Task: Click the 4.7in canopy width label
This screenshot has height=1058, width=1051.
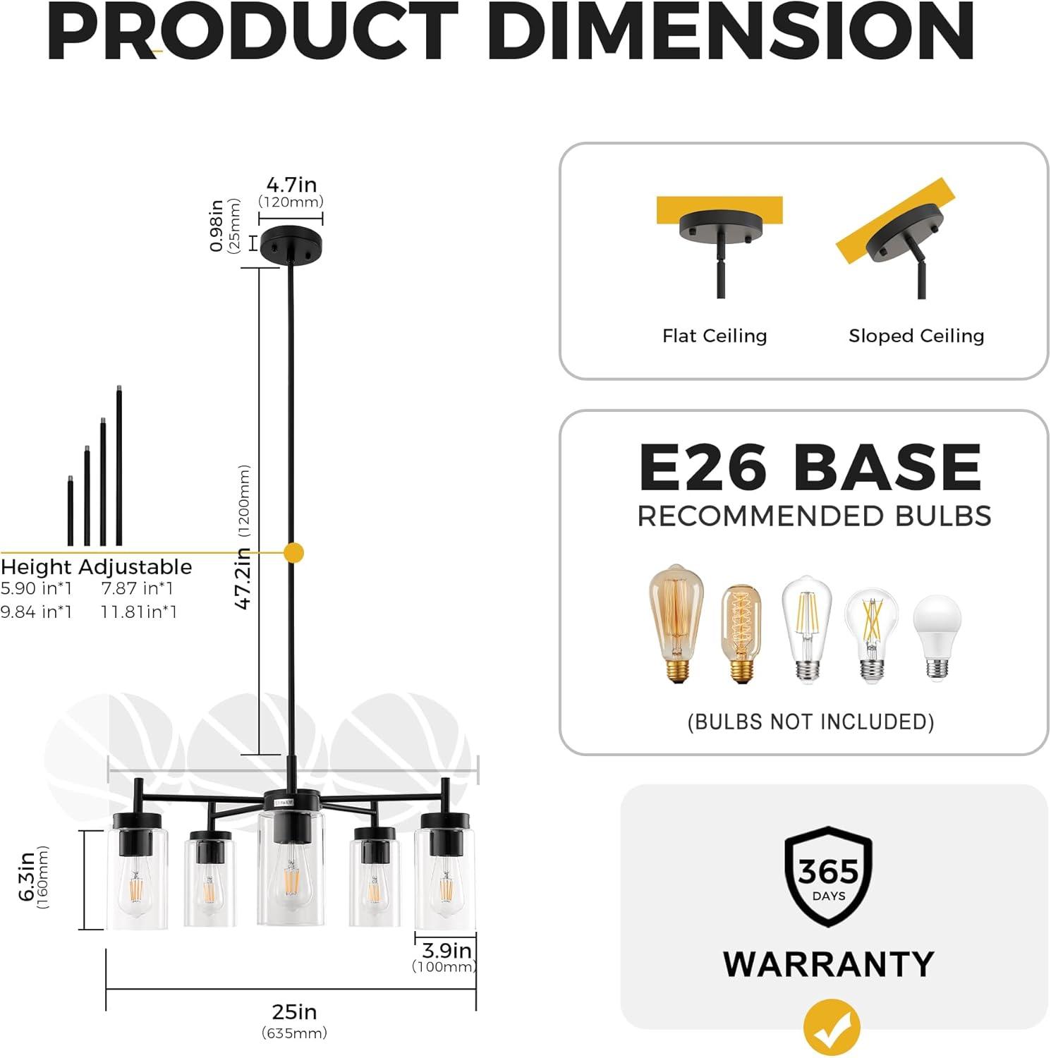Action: coord(291,185)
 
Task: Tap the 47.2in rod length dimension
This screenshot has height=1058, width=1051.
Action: coord(243,578)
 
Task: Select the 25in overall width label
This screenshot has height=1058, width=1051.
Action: coord(294,1012)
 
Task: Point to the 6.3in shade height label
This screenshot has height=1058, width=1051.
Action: coord(27,876)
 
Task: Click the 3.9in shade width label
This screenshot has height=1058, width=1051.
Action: coord(446,951)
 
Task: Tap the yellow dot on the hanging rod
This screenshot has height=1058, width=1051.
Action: coord(293,553)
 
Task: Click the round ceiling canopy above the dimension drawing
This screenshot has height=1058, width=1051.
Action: coord(291,244)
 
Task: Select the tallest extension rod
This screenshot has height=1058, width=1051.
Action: coord(119,466)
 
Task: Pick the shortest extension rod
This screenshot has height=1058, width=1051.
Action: coord(71,511)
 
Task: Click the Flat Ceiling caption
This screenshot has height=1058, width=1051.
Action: coord(715,336)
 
